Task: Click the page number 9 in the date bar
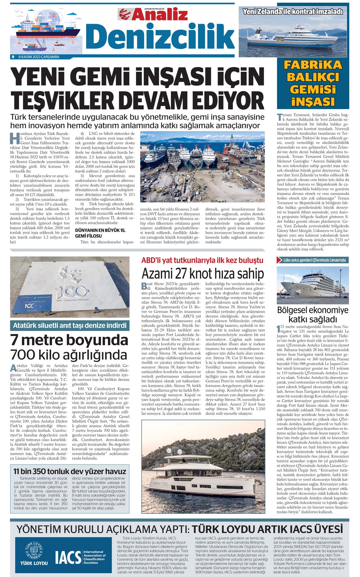point(13,57)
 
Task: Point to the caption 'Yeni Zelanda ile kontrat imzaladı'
point(293,12)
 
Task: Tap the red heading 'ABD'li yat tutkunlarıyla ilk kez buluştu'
point(202,260)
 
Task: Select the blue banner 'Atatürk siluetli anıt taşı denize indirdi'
point(70,325)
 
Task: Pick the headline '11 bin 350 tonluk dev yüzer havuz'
point(70,471)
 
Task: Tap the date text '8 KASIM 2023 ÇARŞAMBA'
point(39,57)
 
